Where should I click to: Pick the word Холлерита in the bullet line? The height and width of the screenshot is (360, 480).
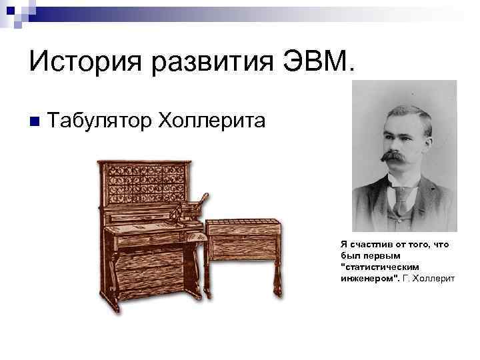point(211,121)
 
